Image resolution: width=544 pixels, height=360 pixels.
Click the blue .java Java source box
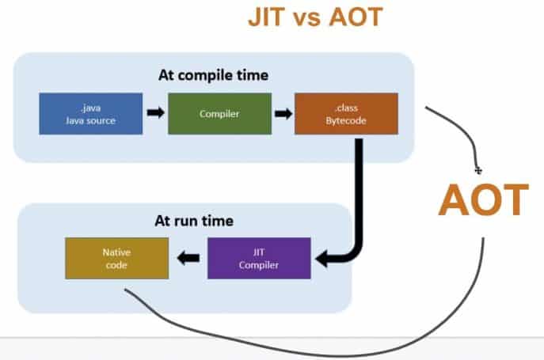[91, 113]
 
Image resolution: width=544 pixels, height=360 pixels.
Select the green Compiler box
[219, 113]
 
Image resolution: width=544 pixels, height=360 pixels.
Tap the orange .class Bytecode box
[346, 113]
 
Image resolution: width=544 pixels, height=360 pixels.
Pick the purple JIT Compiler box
[259, 257]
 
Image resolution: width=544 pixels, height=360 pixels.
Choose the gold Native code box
[116, 257]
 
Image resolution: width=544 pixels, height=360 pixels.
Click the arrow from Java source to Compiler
[155, 113]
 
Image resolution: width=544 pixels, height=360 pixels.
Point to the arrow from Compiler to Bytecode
[283, 113]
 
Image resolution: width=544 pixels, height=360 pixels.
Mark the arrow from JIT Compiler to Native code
[188, 257]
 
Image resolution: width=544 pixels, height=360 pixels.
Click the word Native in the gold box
[116, 251]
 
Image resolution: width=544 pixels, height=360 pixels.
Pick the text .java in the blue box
[91, 106]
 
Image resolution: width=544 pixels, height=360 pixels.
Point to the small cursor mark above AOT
[477, 169]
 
